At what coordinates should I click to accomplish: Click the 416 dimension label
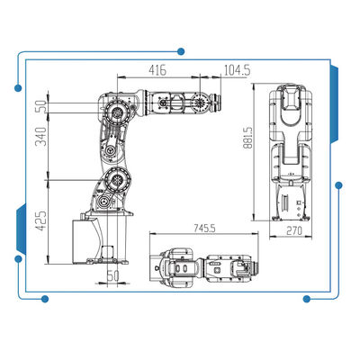(x=157, y=70)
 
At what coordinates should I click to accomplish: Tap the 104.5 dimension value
(x=237, y=70)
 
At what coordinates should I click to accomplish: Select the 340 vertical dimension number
(x=41, y=137)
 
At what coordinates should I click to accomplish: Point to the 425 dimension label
(x=41, y=220)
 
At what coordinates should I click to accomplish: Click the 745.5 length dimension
(x=204, y=229)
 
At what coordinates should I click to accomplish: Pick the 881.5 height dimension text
(x=248, y=138)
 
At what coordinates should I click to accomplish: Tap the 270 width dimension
(x=294, y=231)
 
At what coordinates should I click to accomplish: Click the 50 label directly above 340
(x=41, y=107)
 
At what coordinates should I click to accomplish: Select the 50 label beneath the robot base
(x=112, y=275)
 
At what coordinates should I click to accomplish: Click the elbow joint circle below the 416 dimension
(x=117, y=112)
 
